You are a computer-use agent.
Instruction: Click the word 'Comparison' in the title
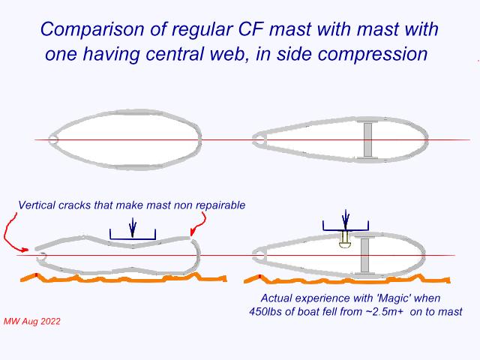92,30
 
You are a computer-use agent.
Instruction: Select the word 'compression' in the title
373,55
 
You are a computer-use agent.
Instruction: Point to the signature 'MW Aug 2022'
32,322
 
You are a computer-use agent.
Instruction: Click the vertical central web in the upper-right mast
367,139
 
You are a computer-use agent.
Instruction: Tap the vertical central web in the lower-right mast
364,255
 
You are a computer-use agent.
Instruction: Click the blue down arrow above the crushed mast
133,227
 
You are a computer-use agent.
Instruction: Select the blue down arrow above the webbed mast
346,220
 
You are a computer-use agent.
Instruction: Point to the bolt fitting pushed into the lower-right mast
345,239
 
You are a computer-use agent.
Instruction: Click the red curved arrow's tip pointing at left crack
28,250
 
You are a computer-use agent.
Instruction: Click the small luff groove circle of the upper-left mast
53,140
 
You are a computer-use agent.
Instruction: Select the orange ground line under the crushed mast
123,278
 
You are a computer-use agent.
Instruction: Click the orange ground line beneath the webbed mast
346,279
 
